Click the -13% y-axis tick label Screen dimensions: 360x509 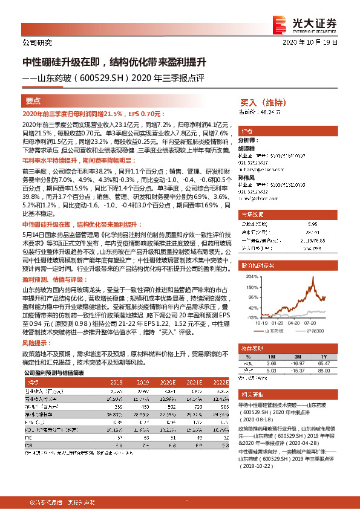tap(252, 317)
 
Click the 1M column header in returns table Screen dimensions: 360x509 tap(270, 357)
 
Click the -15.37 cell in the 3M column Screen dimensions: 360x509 tap(297, 371)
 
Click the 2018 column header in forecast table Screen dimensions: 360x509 tap(116, 383)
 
